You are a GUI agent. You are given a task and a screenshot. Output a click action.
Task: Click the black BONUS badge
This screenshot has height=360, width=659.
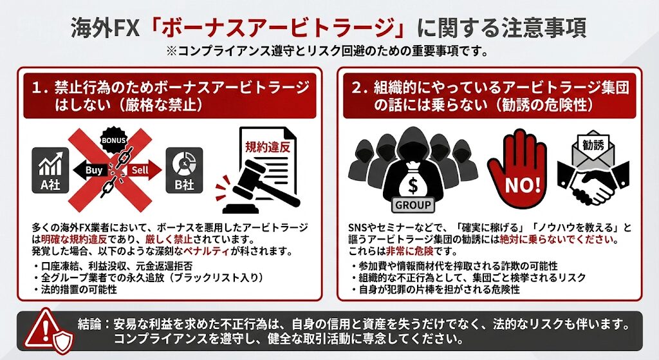[x=113, y=140]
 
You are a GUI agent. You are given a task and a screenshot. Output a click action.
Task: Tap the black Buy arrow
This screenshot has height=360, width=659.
[x=90, y=170]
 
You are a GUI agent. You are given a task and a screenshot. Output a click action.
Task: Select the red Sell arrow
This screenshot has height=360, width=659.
[x=144, y=170]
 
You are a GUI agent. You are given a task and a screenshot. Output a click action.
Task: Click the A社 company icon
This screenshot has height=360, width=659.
[x=50, y=171]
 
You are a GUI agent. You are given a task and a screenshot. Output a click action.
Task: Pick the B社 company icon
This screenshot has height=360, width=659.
[x=184, y=171]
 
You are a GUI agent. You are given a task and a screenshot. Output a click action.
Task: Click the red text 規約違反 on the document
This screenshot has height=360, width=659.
[x=268, y=147]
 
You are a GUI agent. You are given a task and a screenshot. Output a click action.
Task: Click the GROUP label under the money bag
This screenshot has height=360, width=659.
[x=413, y=205]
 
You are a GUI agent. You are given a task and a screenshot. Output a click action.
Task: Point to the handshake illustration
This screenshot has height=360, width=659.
[x=593, y=184]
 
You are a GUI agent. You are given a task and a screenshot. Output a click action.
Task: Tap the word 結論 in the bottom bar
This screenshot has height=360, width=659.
[x=89, y=324]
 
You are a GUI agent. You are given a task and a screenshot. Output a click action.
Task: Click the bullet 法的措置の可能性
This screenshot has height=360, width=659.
[x=75, y=289]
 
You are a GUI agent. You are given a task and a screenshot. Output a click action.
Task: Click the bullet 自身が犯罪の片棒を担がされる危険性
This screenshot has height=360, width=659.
[x=436, y=289]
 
